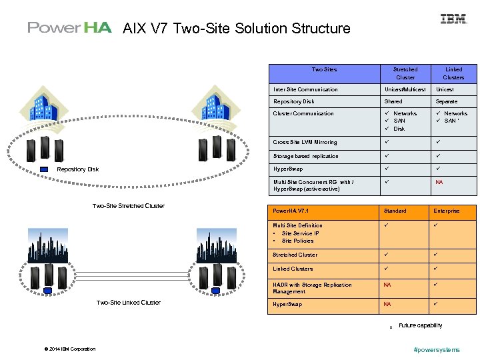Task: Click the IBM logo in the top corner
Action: tap(453, 19)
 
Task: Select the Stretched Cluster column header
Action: tap(405, 73)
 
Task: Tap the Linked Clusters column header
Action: tap(453, 73)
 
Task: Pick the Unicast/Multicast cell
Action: tap(405, 89)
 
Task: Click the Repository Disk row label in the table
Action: tap(294, 101)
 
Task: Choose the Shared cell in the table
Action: tap(393, 101)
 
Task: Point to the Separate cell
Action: tap(447, 101)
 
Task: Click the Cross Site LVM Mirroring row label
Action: tap(305, 142)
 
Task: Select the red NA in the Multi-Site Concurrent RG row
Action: tap(439, 182)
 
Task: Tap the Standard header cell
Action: tap(395, 211)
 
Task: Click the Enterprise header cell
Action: tap(447, 211)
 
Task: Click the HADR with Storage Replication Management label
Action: tap(312, 288)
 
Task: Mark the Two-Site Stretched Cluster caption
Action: tap(128, 205)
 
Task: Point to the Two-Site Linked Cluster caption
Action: tap(128, 303)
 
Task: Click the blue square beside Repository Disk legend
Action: tap(45, 169)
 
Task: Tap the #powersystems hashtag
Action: tap(437, 349)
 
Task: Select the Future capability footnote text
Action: tap(420, 325)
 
